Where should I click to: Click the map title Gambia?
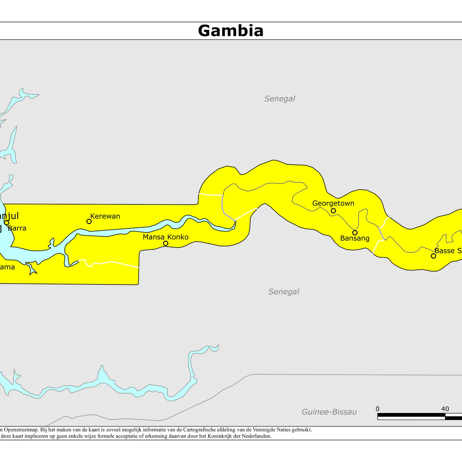coord(231,31)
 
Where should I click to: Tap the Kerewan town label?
coord(105,216)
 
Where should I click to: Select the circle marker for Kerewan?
coord(89,221)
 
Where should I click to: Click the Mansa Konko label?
coord(165,237)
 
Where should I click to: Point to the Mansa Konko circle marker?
coord(165,243)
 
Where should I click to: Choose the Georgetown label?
coord(333,203)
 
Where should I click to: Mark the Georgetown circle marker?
coord(333,211)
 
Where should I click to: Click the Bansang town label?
coord(355,238)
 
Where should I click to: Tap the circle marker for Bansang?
coord(355,233)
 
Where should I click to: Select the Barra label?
coord(17,228)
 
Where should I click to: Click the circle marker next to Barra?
coord(7,222)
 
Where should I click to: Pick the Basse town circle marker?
coord(433,256)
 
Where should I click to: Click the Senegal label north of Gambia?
coord(280,99)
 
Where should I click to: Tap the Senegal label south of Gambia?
coord(284,292)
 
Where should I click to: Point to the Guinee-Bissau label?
coord(329,412)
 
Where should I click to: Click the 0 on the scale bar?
coord(377,409)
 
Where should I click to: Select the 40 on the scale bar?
coord(445,409)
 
